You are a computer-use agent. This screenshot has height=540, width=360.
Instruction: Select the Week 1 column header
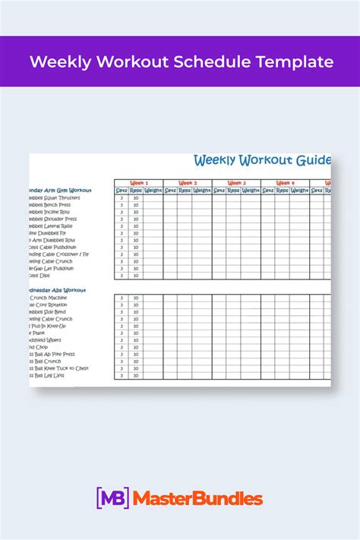coord(139,183)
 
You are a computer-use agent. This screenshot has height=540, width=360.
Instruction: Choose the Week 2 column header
coord(188,183)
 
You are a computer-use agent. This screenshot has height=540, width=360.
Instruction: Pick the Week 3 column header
coord(236,183)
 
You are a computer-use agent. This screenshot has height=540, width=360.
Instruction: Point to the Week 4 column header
coord(285,183)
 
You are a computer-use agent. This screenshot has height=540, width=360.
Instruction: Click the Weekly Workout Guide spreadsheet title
coord(262,160)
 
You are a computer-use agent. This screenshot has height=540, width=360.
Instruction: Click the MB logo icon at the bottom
coord(112,499)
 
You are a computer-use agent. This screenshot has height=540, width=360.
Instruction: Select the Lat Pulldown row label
coord(53,268)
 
